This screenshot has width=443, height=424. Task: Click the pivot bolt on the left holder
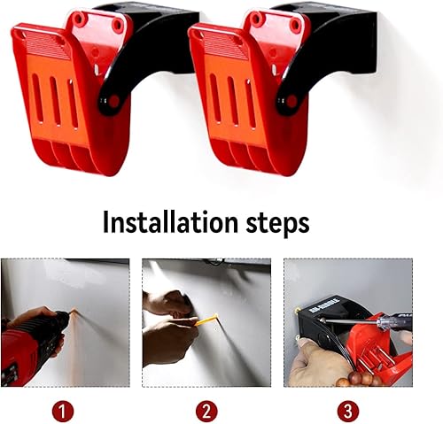tap(113, 101)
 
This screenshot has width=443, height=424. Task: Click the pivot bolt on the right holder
tap(290, 101)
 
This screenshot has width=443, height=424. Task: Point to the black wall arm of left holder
tap(151, 44)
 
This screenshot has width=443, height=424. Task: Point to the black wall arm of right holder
tap(328, 44)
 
